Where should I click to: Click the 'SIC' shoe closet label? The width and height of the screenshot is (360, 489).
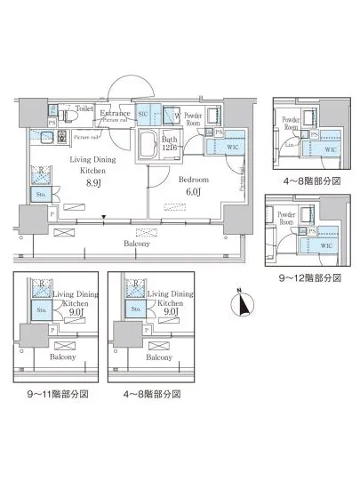coord(143,114)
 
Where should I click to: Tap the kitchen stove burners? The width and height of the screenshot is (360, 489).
coord(62,137)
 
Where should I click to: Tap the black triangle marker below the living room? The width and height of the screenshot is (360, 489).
coord(105,217)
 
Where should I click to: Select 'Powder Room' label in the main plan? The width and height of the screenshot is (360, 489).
coord(193,117)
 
